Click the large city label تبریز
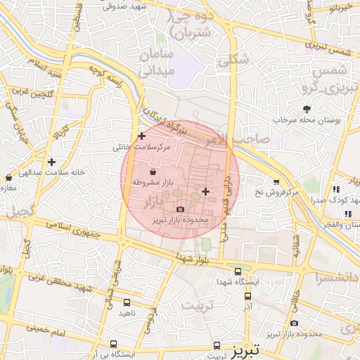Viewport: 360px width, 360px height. click(x=245, y=348)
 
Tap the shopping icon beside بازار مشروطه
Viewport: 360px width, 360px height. click(x=153, y=172)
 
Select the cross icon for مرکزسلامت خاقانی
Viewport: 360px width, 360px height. click(x=142, y=136)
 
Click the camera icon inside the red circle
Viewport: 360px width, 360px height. click(x=181, y=209)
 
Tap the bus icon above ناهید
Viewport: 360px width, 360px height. click(x=125, y=300)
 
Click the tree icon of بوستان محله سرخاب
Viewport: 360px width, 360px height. click(x=307, y=109)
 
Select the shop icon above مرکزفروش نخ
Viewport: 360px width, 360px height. click(x=276, y=181)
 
